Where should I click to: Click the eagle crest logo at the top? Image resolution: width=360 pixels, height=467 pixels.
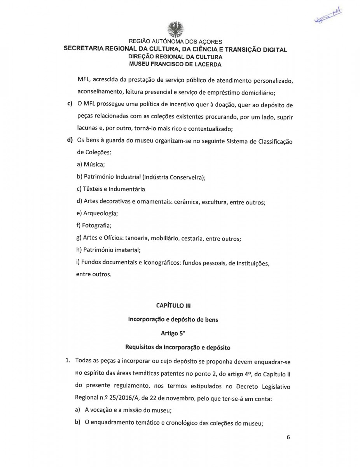175,30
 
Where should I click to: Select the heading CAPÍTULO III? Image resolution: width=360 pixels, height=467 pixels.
174,305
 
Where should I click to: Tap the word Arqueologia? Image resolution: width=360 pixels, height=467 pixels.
98,213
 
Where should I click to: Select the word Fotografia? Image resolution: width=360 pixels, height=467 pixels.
95,225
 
